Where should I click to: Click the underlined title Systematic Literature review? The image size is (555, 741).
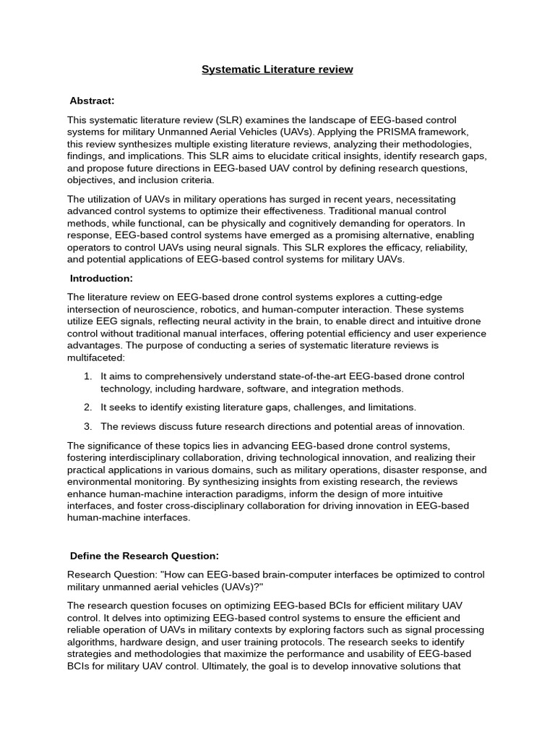click(x=277, y=69)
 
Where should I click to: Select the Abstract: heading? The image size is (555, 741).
click(x=92, y=101)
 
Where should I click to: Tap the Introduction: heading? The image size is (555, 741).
click(x=101, y=279)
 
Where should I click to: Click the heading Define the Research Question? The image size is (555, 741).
click(x=144, y=556)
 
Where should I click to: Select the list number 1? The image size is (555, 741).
click(x=87, y=376)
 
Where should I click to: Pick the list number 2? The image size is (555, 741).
click(x=87, y=407)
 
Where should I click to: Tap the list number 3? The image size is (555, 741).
click(x=87, y=426)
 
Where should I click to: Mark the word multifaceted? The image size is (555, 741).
click(x=96, y=357)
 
